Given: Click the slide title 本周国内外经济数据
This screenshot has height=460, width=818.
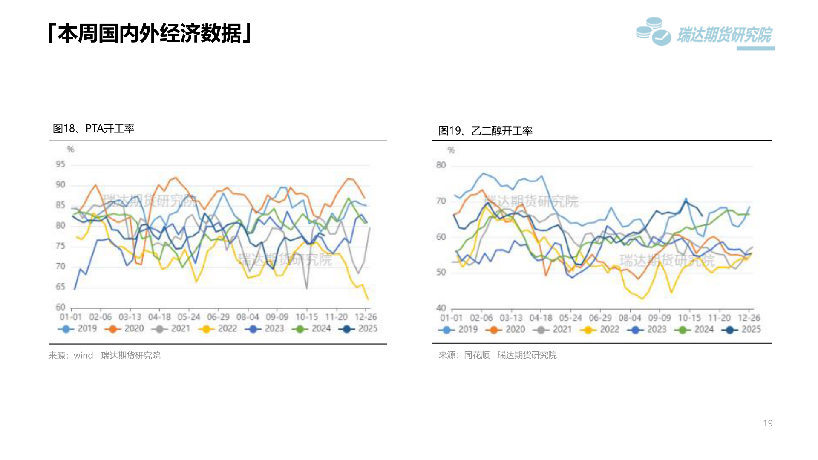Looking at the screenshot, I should [150, 33].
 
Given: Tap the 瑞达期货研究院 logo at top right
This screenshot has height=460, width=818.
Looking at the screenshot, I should [705, 33].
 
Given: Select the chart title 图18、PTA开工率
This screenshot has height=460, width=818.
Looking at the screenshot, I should [93, 128].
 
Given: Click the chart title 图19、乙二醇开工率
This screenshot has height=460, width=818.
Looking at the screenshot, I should [485, 131].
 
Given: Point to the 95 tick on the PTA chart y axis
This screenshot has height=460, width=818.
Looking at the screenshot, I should [60, 164].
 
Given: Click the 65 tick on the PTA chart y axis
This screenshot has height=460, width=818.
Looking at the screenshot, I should [60, 287].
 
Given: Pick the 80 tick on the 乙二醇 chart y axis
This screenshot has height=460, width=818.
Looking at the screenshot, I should [441, 165].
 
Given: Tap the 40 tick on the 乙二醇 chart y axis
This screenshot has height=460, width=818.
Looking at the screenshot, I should [441, 308].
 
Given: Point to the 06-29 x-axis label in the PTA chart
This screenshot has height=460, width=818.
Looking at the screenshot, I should [218, 317].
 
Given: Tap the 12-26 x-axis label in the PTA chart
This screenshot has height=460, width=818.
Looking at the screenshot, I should [366, 317].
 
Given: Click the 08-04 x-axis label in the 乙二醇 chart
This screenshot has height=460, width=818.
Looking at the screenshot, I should [630, 318].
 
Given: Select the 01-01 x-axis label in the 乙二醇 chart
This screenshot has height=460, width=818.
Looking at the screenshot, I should [451, 318].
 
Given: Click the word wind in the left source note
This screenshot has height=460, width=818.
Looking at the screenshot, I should [83, 356].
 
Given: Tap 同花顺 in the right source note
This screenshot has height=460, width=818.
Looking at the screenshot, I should [477, 355].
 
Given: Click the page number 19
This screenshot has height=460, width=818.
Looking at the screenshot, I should [768, 423].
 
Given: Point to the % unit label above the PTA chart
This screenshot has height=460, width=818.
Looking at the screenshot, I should [71, 149].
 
